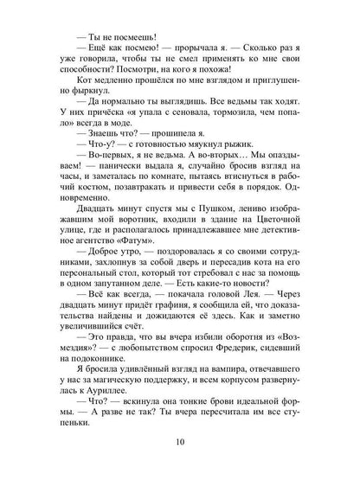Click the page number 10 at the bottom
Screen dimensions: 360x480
click(x=180, y=451)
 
